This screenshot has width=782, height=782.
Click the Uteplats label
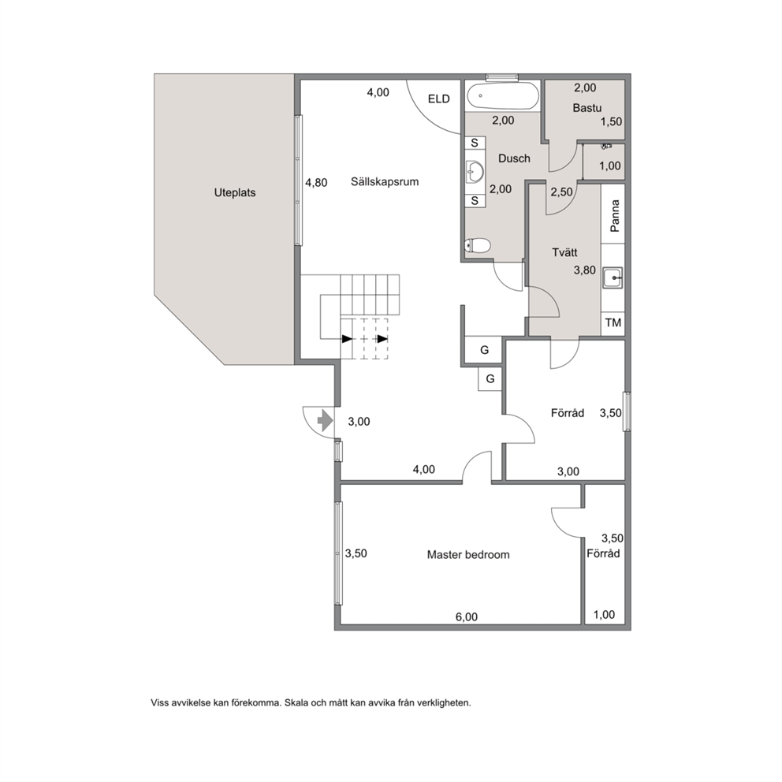point(235,193)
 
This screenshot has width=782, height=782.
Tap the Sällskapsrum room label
point(385,182)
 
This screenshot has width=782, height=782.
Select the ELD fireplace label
point(439,99)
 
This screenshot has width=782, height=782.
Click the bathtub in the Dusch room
point(503,95)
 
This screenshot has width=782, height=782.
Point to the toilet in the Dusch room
point(477,245)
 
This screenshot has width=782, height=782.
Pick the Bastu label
point(587,108)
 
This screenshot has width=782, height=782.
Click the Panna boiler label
point(614,216)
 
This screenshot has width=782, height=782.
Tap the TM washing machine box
point(613,322)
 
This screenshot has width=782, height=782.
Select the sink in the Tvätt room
point(613,277)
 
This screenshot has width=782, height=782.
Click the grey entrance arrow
point(325,420)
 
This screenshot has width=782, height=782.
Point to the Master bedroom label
point(468,555)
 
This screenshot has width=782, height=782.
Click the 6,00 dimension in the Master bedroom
point(467,617)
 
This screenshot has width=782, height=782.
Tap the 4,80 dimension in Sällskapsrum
point(316,183)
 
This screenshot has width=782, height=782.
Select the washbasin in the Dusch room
point(475,172)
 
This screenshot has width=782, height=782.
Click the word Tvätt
point(564,252)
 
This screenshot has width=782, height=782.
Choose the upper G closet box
point(484,350)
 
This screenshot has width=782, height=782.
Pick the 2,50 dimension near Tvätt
point(561,192)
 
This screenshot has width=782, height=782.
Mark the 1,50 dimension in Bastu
point(611,121)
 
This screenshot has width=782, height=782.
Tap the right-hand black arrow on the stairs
point(382,339)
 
